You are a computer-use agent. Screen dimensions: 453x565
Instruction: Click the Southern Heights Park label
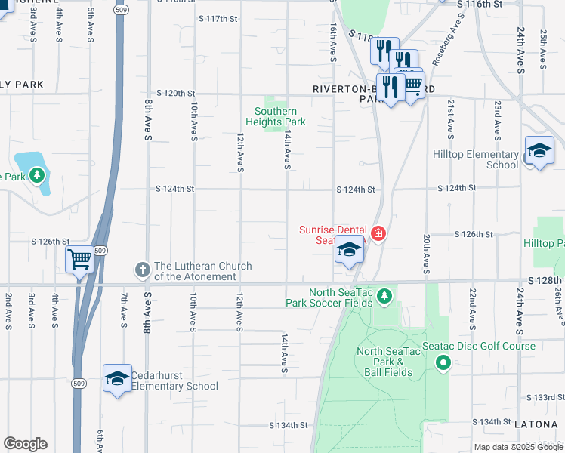point(280,116)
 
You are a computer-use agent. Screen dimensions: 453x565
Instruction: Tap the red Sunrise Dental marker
point(378,235)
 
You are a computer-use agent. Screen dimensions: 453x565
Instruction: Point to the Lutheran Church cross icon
point(141,270)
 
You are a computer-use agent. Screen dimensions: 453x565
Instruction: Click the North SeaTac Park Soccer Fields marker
point(385,294)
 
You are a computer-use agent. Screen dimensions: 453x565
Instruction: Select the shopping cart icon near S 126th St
point(79,260)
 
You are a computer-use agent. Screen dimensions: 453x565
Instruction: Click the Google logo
point(25,444)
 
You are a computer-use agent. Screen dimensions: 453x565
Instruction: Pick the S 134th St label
point(289,425)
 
